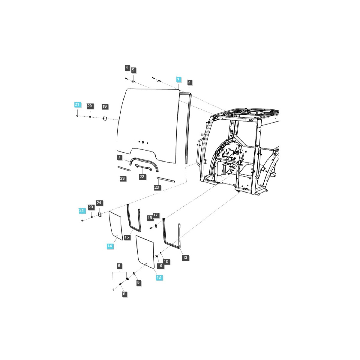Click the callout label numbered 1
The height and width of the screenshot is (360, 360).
pos(178,79)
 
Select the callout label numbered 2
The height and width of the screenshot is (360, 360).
pos(189,82)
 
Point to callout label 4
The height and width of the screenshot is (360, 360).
pos(127,68)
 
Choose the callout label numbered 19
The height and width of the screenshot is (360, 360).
pos(104,106)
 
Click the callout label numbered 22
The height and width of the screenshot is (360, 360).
pos(142,177)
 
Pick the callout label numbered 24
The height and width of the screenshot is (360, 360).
pos(99,203)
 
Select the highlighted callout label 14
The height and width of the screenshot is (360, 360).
pos(110,246)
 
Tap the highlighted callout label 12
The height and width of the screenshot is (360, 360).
pos(159,277)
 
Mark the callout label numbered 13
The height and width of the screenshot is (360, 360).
pos(185,257)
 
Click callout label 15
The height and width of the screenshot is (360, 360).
pos(127,237)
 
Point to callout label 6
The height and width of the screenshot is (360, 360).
pos(119,266)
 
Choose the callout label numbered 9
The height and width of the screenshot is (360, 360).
pos(138,282)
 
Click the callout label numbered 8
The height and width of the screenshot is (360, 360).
pos(124,294)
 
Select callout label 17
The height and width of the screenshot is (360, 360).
pos(155,215)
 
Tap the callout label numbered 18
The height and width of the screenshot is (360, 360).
pos(166,262)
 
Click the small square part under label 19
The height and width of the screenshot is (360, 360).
pos(105,119)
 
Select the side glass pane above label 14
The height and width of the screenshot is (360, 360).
pos(115,226)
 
